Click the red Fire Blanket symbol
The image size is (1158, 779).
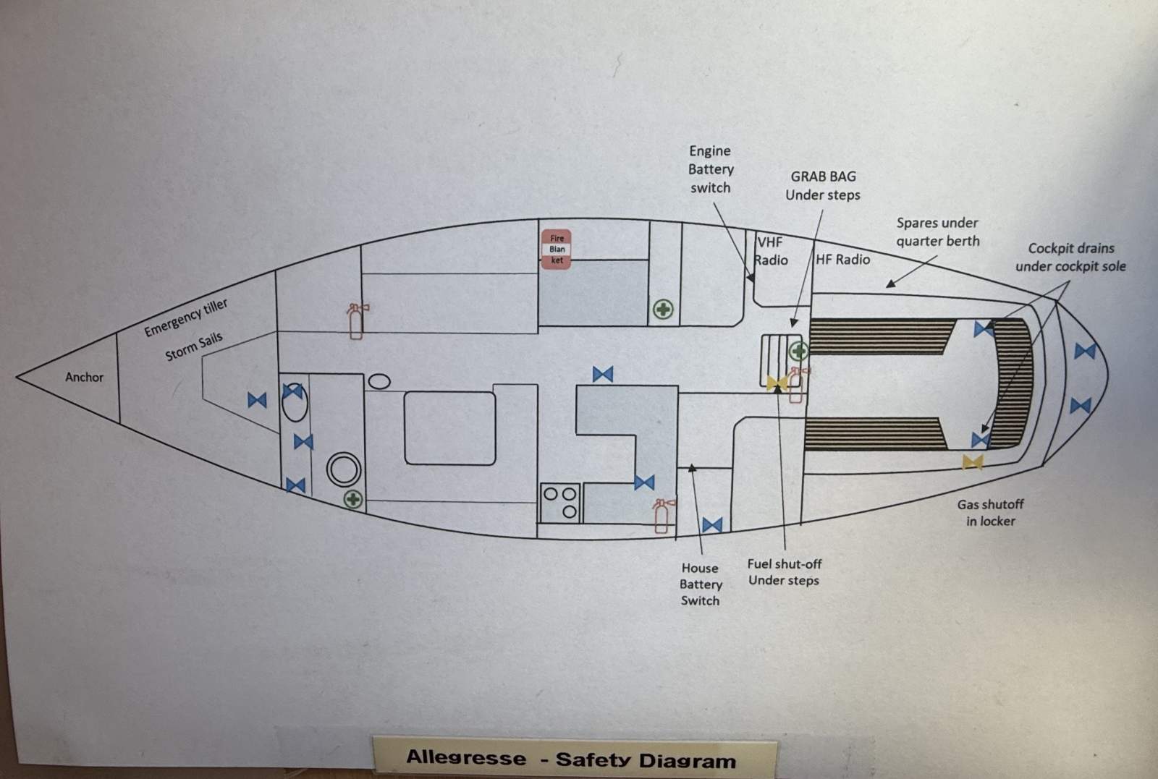click(x=557, y=249)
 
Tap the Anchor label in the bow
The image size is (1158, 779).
click(x=84, y=377)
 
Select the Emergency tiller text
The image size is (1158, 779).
click(x=185, y=318)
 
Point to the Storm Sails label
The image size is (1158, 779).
click(x=194, y=346)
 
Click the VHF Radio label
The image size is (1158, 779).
click(x=770, y=251)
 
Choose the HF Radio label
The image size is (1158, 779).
click(x=842, y=260)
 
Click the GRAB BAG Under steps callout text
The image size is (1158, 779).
click(x=823, y=185)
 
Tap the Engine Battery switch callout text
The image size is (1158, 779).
click(x=711, y=169)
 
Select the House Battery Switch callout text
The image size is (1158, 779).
click(x=701, y=584)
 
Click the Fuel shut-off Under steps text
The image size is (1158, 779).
click(x=785, y=572)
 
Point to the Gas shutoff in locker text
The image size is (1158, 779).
click(x=990, y=512)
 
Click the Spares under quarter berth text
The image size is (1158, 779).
click(x=938, y=232)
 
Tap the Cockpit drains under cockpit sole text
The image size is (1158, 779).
click(x=1070, y=257)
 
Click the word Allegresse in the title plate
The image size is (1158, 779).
click(x=466, y=758)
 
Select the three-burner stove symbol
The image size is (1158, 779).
click(x=560, y=503)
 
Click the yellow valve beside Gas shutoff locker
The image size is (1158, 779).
click(x=973, y=462)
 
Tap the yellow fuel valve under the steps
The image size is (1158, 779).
click(x=777, y=383)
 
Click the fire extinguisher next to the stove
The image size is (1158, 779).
click(x=662, y=516)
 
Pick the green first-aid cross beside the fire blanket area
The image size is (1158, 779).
click(x=663, y=310)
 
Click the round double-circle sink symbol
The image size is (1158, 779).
click(x=344, y=469)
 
